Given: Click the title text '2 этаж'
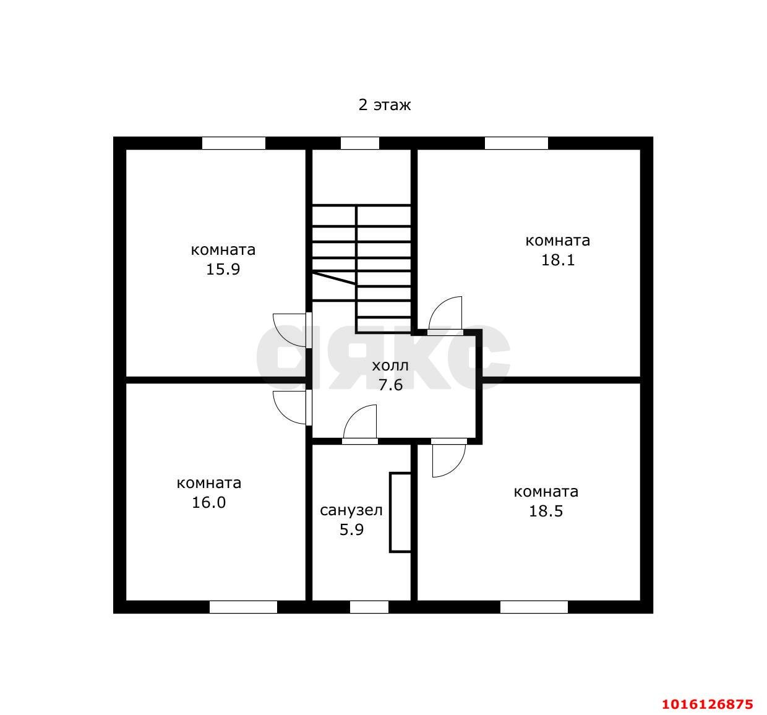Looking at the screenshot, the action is coord(384,105).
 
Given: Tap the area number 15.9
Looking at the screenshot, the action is coord(223,269).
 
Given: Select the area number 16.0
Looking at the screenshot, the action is coord(208,503).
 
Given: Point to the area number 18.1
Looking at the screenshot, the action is coord(558,260).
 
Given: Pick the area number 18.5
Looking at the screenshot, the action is coord(546,511).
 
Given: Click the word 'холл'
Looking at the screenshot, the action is coord(390,366).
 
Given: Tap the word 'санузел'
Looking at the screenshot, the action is coord(351,511).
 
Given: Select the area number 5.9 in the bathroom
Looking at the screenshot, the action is coord(351,529).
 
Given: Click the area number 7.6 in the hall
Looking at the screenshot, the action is coord(390,385).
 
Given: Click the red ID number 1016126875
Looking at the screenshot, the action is coord(708,704).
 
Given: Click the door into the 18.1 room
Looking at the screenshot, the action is coord(445,315).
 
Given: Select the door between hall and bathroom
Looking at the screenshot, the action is coord(360,424).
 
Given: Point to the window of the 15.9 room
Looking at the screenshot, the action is coord(234,143).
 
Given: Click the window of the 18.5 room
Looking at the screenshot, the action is coord(534,607).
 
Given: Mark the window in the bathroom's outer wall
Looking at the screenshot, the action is coord(369,607).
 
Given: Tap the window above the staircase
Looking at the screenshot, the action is coord(359,143).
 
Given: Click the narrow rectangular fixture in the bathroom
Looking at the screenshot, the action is coord(400,513).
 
